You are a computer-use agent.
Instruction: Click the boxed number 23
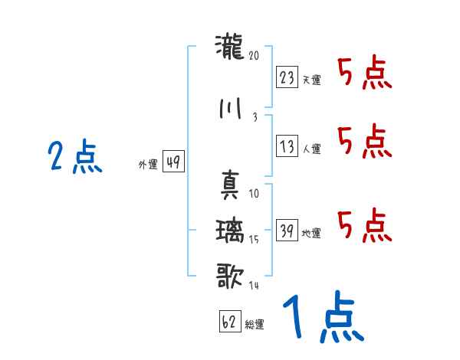tap(287, 78)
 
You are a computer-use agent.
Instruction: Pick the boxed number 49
tap(173, 162)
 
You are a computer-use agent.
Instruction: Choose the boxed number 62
tap(229, 322)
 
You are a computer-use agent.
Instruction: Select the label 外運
tap(147, 164)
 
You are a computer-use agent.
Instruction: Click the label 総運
tap(255, 325)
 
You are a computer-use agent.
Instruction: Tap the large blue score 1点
tap(322, 318)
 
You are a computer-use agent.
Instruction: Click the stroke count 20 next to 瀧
tap(255, 55)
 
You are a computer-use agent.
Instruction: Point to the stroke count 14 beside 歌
tap(254, 286)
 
